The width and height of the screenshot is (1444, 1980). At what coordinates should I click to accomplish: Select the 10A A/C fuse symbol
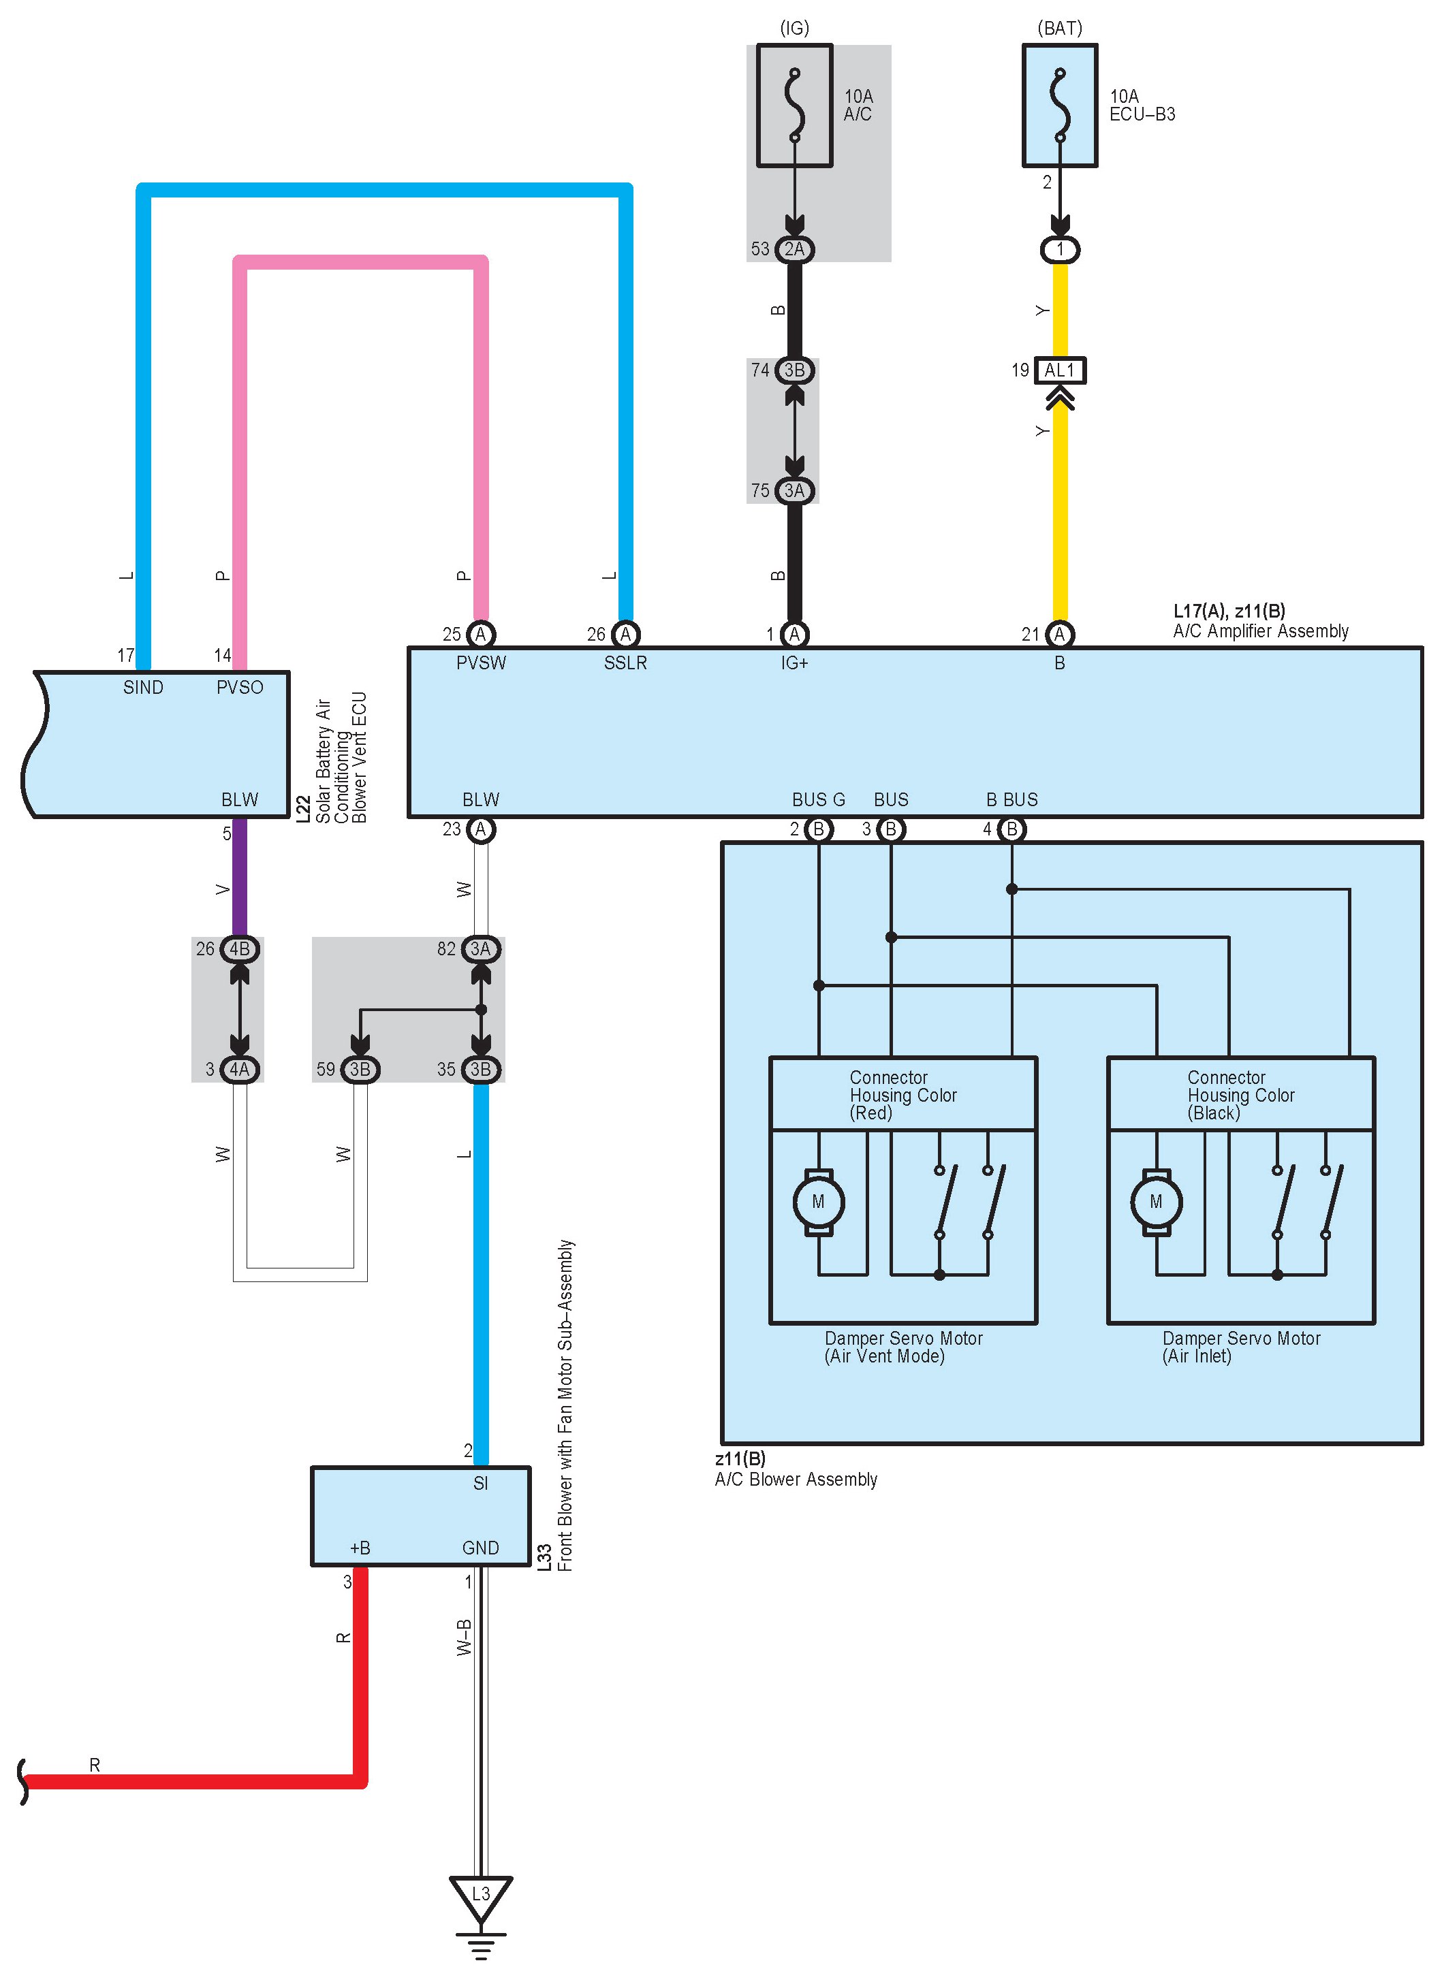pos(795,106)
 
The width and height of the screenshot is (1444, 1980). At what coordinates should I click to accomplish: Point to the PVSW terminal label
pos(481,663)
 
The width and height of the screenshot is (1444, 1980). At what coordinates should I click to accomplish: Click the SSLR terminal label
pos(625,663)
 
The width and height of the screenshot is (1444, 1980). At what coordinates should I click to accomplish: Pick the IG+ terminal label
pos(795,663)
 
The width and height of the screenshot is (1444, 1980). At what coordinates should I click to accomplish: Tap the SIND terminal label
pos(143,688)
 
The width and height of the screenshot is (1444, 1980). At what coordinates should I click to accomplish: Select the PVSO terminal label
pos(240,688)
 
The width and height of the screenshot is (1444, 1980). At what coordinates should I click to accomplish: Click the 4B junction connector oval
pos(240,949)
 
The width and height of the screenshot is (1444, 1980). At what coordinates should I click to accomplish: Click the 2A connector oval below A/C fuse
pos(795,250)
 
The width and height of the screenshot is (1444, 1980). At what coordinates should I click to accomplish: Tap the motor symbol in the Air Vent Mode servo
pos(818,1202)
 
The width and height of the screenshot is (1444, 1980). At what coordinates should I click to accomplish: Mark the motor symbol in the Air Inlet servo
pos(1156,1202)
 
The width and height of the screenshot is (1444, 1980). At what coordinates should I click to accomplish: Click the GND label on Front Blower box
pos(481,1548)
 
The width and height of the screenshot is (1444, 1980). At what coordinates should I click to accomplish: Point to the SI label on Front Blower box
pos(481,1484)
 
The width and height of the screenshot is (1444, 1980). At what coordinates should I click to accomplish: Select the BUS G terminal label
pos(818,799)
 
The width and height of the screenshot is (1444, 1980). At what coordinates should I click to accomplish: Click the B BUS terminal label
pos(1011,799)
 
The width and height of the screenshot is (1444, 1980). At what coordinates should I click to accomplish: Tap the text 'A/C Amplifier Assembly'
pos(1261,631)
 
